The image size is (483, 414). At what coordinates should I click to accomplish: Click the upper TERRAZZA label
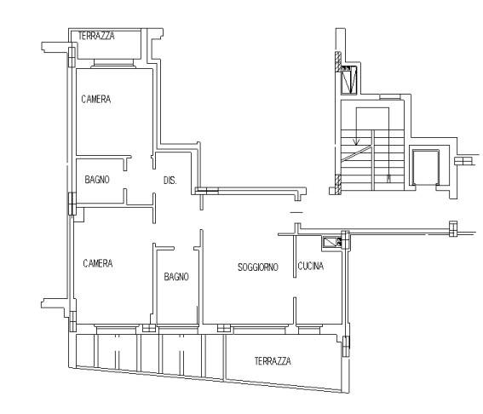pyautogui.click(x=96, y=36)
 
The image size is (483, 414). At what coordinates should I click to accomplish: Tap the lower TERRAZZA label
pyautogui.click(x=273, y=360)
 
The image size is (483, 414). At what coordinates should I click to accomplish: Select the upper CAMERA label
pyautogui.click(x=96, y=99)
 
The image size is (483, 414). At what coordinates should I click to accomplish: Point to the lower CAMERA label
pyautogui.click(x=98, y=263)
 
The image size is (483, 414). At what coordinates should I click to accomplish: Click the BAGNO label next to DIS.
pyautogui.click(x=97, y=179)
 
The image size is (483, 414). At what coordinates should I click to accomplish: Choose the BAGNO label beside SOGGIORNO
pyautogui.click(x=176, y=276)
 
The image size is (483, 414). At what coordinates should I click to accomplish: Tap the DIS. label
pyautogui.click(x=170, y=180)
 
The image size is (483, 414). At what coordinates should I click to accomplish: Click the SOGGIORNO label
pyautogui.click(x=258, y=267)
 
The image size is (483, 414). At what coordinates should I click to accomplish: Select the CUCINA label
pyautogui.click(x=310, y=266)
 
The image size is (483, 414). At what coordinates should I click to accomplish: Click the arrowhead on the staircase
pyautogui.click(x=356, y=141)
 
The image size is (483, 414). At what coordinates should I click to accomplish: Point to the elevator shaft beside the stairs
pyautogui.click(x=426, y=168)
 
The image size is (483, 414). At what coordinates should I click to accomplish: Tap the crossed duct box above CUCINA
pyautogui.click(x=331, y=243)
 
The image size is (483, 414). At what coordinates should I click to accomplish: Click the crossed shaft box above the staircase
pyautogui.click(x=348, y=79)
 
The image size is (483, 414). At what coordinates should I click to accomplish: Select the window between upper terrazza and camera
pyautogui.click(x=114, y=63)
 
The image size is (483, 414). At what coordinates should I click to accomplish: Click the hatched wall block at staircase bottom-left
pyautogui.click(x=338, y=184)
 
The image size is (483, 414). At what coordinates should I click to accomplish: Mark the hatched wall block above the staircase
pyautogui.click(x=338, y=61)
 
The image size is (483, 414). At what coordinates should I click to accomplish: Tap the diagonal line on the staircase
pyautogui.click(x=357, y=153)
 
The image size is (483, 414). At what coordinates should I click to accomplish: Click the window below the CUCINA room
pyautogui.click(x=309, y=330)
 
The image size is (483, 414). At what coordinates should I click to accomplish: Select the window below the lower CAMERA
pyautogui.click(x=116, y=329)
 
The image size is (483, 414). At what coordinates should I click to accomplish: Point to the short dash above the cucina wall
pyautogui.click(x=296, y=212)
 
